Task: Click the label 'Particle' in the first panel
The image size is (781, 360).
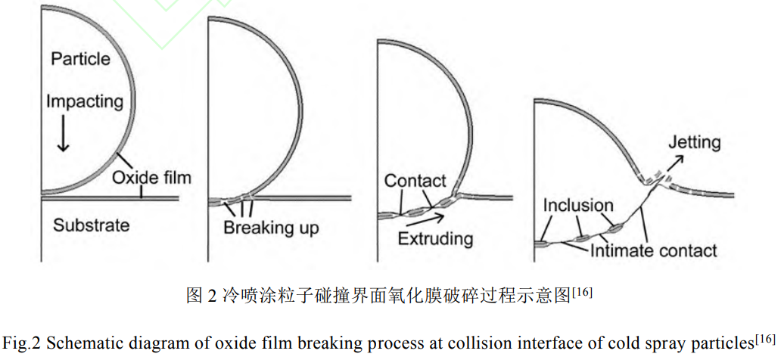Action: click(80, 58)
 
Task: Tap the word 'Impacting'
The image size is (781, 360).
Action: click(84, 100)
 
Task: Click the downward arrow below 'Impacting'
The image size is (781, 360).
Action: click(64, 137)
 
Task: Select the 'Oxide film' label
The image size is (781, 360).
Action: click(151, 178)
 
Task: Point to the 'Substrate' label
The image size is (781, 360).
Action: click(91, 225)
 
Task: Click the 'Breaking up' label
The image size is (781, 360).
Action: click(271, 228)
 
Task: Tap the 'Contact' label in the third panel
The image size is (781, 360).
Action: click(415, 181)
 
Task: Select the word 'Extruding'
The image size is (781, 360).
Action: click(437, 239)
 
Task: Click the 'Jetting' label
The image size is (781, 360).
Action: click(695, 142)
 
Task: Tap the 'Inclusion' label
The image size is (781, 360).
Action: click(578, 205)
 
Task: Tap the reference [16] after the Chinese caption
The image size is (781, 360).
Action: click(582, 290)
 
